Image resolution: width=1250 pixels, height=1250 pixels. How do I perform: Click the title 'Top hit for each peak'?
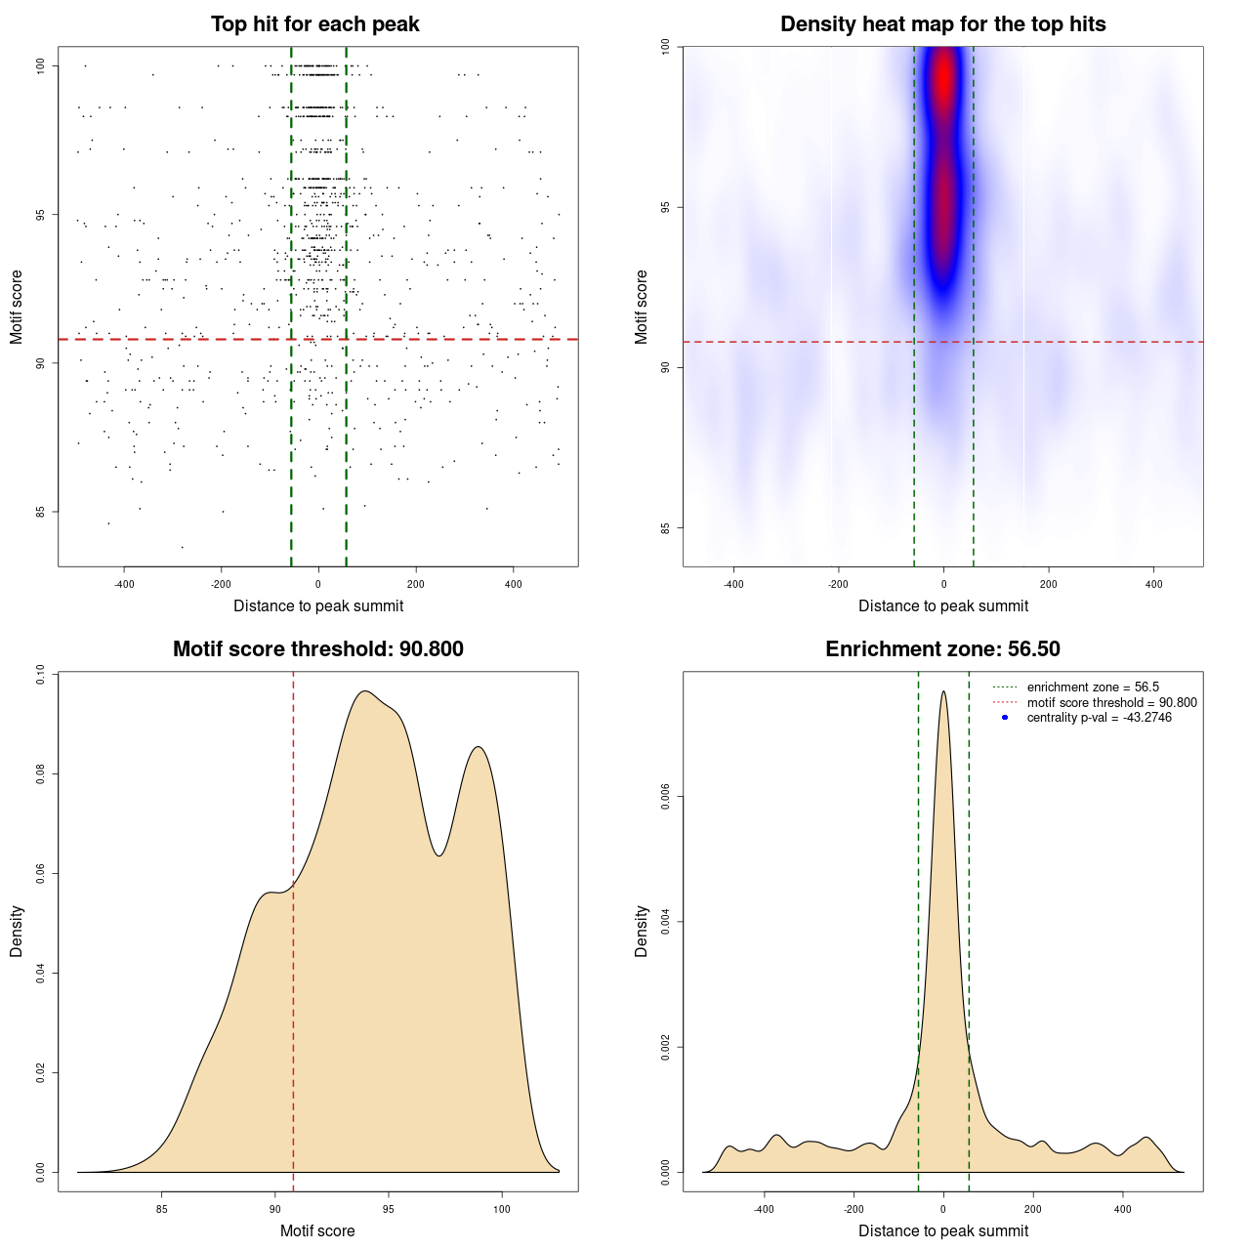tap(314, 24)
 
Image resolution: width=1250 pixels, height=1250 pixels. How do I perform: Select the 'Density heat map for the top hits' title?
tap(942, 24)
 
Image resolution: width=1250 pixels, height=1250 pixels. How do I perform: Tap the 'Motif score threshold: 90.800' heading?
tap(317, 649)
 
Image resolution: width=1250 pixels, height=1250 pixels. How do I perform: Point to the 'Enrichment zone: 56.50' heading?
tap(942, 649)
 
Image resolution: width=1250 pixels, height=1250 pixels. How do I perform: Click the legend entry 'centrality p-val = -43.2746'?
tap(1099, 718)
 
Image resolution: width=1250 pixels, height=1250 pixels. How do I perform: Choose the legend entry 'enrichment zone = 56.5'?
tap(1093, 687)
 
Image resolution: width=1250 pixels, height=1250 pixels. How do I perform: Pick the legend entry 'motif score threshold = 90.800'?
tap(1111, 703)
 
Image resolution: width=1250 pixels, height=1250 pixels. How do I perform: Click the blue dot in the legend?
tap(1005, 718)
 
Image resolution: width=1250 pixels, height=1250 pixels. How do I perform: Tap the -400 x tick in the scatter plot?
tap(124, 585)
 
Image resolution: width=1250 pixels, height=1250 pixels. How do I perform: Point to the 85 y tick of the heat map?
tap(666, 528)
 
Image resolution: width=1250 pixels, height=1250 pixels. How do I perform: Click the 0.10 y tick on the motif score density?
tap(40, 674)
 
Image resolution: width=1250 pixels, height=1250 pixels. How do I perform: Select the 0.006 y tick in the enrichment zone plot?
tap(665, 797)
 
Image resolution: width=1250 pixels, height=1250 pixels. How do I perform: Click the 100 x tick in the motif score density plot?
tap(502, 1209)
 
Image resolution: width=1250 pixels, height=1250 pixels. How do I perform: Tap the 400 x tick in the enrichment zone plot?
tap(1123, 1209)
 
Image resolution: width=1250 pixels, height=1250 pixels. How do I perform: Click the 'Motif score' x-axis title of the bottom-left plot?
tap(317, 1230)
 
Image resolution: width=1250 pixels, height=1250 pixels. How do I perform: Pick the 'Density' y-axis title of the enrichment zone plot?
tap(642, 931)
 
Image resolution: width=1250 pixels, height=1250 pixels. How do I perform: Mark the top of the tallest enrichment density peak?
tap(943, 691)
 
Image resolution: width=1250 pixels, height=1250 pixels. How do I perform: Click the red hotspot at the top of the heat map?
tap(943, 83)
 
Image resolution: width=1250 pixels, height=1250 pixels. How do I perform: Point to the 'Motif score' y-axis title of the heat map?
tap(642, 307)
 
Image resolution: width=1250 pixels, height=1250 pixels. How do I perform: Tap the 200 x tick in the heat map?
tap(1049, 585)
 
